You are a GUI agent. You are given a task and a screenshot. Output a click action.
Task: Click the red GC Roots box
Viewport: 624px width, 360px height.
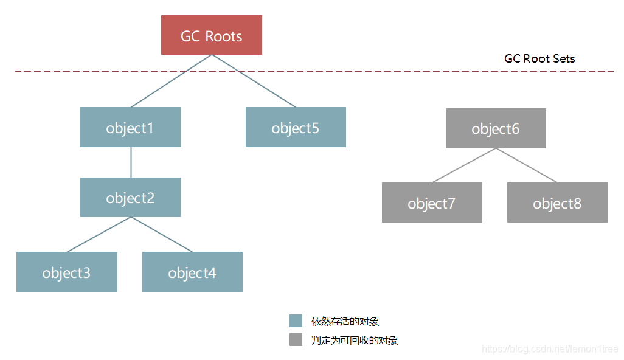[x=211, y=35]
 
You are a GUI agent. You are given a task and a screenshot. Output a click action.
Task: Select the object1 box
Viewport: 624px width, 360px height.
[x=130, y=127]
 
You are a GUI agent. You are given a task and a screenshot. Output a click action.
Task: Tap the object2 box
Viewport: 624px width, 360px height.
[x=130, y=197]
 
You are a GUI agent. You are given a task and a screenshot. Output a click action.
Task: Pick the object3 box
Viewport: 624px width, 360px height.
[x=66, y=272]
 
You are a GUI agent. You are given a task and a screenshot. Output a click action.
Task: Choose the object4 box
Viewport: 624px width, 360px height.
[x=192, y=272]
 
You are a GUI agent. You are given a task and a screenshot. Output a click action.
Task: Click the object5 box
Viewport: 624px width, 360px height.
[x=296, y=127]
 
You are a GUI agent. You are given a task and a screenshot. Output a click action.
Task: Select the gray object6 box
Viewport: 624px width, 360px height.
[x=496, y=128]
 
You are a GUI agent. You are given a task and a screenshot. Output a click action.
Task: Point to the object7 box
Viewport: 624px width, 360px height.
[x=432, y=202]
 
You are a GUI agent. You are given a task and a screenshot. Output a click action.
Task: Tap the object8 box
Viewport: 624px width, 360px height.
[x=557, y=202]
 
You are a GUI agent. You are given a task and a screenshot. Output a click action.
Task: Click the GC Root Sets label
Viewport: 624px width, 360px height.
[x=539, y=59]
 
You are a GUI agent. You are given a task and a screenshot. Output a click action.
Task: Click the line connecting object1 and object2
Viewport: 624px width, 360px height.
[x=131, y=162]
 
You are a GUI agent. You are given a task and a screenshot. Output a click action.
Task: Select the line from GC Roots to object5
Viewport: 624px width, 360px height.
[x=254, y=81]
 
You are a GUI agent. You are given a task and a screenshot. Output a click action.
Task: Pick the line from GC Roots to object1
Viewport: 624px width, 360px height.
[x=171, y=81]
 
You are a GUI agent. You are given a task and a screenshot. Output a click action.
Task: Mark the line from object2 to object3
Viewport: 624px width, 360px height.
[x=99, y=234]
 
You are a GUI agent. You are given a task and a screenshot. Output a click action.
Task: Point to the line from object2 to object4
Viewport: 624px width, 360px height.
[x=162, y=234]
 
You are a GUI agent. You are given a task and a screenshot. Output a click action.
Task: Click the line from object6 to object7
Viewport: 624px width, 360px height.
[x=464, y=165]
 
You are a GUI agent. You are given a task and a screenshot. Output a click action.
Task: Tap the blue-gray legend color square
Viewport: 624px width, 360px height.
[x=296, y=321]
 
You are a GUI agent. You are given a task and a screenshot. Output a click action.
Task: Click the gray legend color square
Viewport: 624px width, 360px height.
[x=296, y=340]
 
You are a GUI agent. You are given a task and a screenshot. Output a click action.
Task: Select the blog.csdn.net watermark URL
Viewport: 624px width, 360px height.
[x=550, y=349]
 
